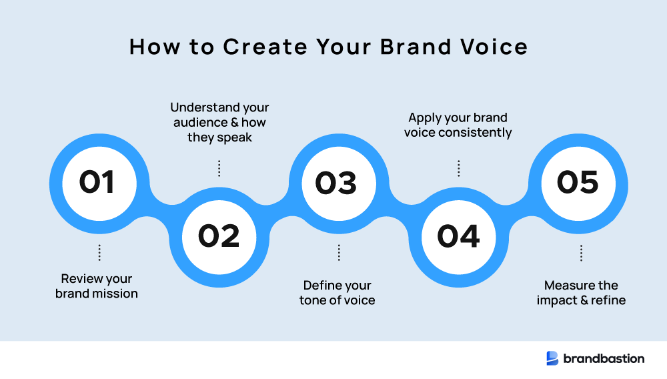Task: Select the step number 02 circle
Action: (218, 236)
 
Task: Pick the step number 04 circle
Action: (458, 236)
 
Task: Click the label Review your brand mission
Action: (97, 286)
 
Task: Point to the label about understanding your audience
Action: (219, 122)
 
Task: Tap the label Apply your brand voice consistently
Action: (458, 125)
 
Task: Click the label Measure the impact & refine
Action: (581, 293)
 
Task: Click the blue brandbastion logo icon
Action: (552, 358)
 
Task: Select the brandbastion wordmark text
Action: (604, 358)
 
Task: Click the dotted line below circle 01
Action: (99, 252)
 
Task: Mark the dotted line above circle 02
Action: (219, 168)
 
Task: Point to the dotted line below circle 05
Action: (581, 252)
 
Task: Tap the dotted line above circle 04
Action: (458, 168)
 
